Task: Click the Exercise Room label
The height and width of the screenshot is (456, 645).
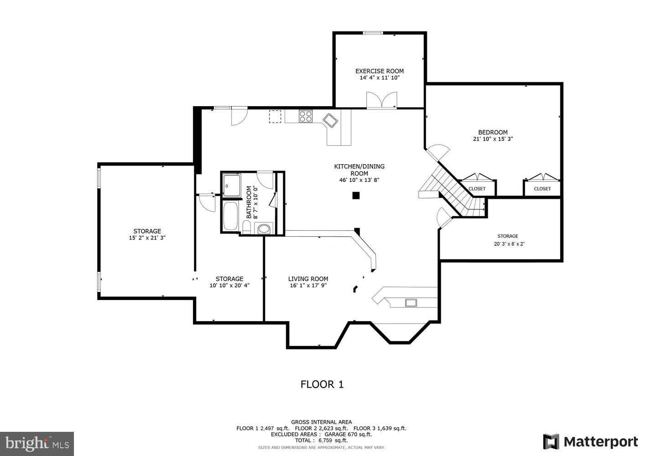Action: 380,71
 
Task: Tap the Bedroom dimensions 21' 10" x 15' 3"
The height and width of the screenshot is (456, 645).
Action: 493,139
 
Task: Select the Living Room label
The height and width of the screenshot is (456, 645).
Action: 308,279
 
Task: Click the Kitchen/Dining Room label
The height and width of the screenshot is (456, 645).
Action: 359,170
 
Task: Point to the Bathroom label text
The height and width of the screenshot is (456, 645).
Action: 249,202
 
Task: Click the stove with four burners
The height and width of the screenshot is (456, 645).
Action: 306,116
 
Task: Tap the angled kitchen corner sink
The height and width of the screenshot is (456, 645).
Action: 330,120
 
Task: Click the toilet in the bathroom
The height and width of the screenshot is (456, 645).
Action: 264,228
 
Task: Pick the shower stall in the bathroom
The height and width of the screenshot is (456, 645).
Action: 232,185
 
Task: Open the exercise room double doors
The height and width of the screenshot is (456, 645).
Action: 382,100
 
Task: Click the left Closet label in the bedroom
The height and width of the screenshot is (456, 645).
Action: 477,188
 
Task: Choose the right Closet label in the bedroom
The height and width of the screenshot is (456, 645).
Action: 542,188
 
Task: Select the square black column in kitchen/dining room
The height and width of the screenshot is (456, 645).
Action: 356,196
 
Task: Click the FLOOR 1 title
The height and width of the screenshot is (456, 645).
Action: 322,384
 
